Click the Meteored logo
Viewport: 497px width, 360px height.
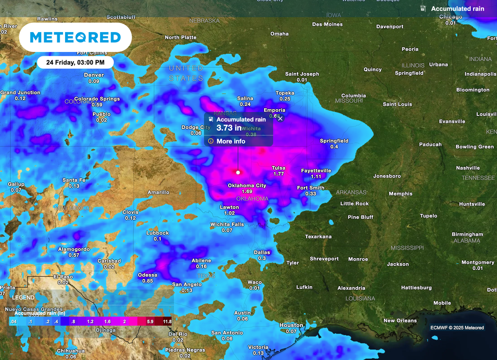coord(75,37)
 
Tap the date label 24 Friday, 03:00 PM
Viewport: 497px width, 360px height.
coord(75,63)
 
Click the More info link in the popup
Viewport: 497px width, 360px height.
coord(231,141)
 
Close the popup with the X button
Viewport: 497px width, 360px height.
coord(280,118)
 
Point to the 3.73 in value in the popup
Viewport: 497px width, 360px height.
coord(229,128)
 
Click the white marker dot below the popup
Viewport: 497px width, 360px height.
coord(238,172)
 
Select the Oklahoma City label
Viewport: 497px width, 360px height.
coord(247,186)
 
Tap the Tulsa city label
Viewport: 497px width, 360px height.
coord(279,168)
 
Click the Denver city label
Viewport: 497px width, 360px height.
coord(94,75)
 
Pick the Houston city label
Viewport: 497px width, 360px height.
coord(291,326)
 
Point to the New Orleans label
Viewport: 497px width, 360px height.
coord(400,321)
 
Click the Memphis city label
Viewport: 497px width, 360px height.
coord(400,194)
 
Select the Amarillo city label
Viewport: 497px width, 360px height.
coord(158,193)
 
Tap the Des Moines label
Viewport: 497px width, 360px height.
coord(327,24)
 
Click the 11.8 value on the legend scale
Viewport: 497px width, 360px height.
coord(167,321)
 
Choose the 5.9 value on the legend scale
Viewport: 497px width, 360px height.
coord(150,321)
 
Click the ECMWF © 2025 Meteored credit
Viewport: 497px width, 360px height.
coord(457,327)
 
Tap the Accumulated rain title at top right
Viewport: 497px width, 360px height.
coord(457,9)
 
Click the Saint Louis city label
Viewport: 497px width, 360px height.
coord(397,104)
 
